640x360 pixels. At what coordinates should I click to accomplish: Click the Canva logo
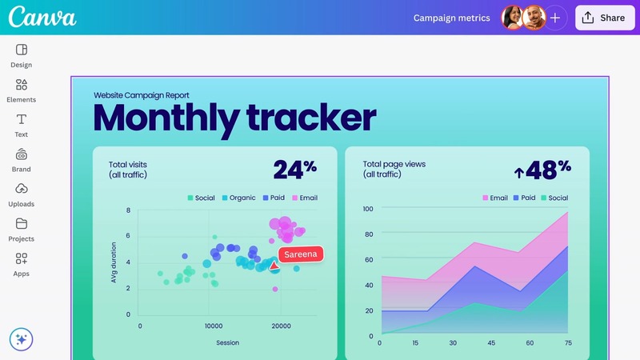pyautogui.click(x=42, y=17)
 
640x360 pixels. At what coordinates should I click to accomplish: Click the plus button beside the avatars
pyautogui.click(x=555, y=18)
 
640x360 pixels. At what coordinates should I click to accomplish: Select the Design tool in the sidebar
pyautogui.click(x=22, y=55)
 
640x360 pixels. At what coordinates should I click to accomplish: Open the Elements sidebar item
pyautogui.click(x=22, y=90)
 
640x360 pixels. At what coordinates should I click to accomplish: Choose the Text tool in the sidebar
pyautogui.click(x=22, y=125)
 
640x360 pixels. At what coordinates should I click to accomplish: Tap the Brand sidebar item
pyautogui.click(x=22, y=159)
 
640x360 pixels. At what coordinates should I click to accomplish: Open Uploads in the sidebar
pyautogui.click(x=22, y=194)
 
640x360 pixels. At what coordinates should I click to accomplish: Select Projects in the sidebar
pyautogui.click(x=22, y=229)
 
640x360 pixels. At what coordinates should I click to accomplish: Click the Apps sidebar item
pyautogui.click(x=22, y=264)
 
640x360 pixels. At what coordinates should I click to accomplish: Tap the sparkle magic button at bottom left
pyautogui.click(x=22, y=339)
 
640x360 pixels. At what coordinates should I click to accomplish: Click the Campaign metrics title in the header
pyautogui.click(x=451, y=18)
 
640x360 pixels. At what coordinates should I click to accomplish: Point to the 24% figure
pyautogui.click(x=294, y=169)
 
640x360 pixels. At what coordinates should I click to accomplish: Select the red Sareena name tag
pyautogui.click(x=301, y=254)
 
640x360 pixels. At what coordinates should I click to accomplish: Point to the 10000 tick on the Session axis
pyautogui.click(x=214, y=326)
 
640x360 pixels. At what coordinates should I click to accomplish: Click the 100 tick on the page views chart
pyautogui.click(x=368, y=209)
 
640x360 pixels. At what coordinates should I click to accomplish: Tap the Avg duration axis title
pyautogui.click(x=114, y=262)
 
